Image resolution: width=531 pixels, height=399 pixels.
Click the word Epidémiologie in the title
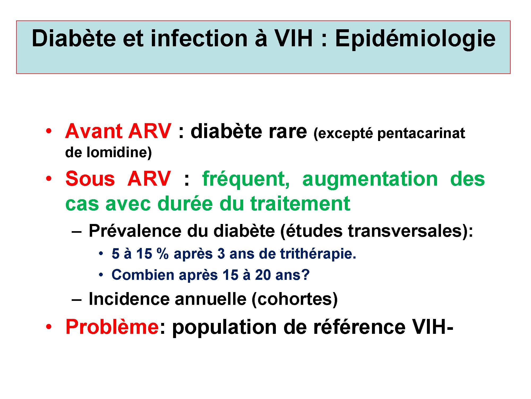coord(415,39)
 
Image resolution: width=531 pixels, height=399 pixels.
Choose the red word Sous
coord(90,179)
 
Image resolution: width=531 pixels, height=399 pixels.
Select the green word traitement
coord(300,204)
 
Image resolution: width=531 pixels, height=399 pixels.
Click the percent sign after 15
coord(162,254)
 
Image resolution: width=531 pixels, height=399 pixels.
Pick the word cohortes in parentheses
coord(294,299)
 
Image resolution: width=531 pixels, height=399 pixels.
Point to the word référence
coord(359,327)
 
